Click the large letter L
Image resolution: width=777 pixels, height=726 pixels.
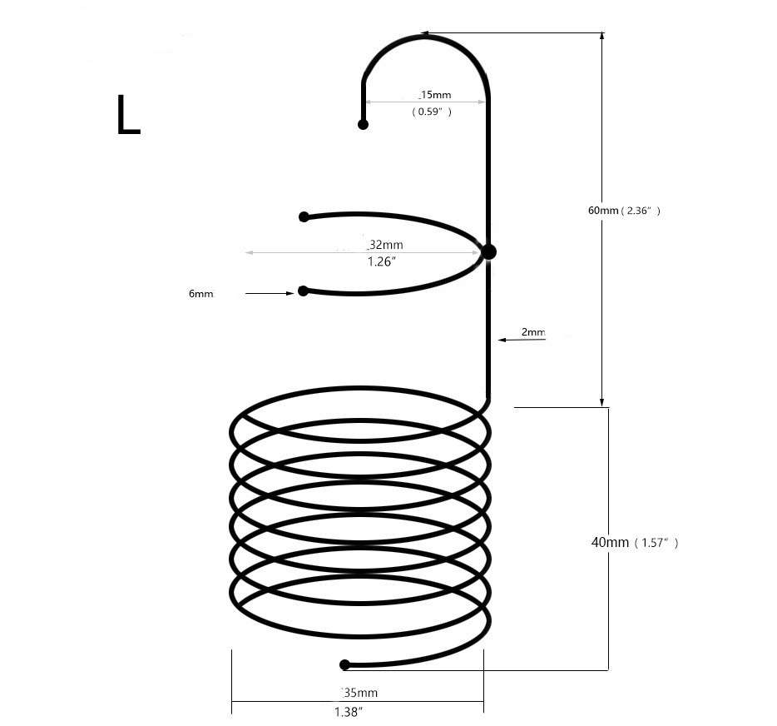[128, 116]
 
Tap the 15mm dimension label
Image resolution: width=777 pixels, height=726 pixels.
[434, 95]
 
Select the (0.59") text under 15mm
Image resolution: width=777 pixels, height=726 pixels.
[432, 112]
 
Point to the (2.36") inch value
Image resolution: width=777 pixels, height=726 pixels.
[641, 211]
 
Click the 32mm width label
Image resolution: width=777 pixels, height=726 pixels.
[385, 245]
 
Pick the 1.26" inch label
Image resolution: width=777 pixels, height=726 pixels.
[382, 261]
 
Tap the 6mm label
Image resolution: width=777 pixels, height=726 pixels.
[200, 294]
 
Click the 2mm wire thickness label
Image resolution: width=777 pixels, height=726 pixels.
[533, 332]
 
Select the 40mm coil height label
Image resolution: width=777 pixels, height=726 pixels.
[610, 542]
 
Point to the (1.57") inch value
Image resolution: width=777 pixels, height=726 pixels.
[656, 543]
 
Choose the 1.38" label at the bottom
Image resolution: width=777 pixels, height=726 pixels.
[349, 712]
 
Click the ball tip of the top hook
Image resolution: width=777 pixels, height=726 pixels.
[363, 124]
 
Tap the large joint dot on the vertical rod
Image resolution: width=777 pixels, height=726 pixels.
[488, 251]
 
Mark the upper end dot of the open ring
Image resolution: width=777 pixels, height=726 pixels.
[304, 216]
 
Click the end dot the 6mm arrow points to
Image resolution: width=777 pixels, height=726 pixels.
[303, 291]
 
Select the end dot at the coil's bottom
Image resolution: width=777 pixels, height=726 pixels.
[344, 664]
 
